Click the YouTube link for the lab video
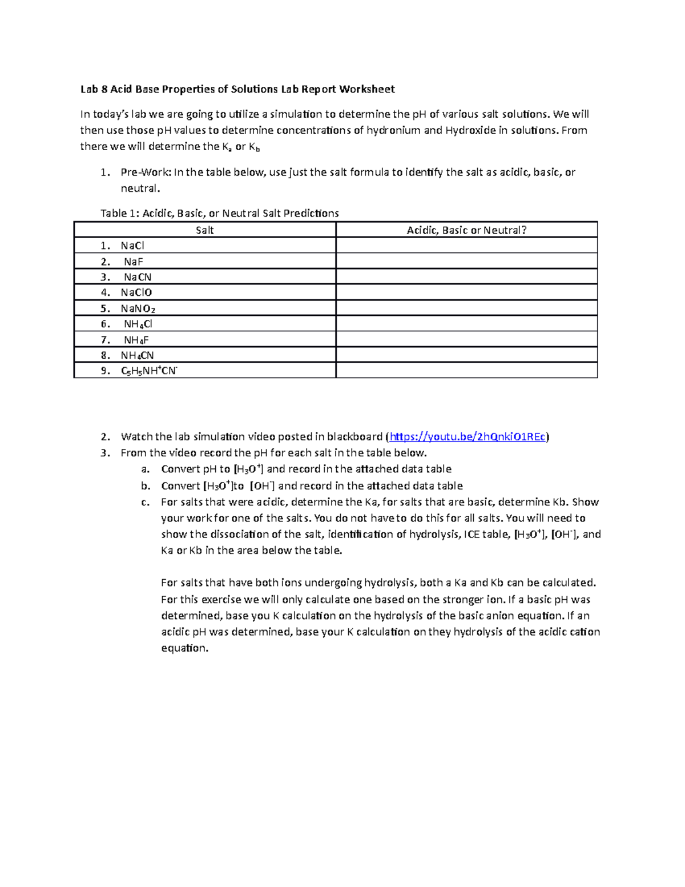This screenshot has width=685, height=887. tap(467, 437)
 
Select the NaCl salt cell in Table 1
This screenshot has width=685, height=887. tap(132, 246)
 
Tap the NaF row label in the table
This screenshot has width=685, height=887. tap(133, 262)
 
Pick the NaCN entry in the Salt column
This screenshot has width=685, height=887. tap(138, 277)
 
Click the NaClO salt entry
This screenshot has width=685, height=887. tap(136, 292)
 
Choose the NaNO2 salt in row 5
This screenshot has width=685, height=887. tap(138, 308)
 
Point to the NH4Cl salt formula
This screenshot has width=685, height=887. tap(138, 324)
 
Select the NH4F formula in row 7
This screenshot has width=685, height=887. tap(136, 340)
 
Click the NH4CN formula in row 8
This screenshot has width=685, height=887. tap(137, 355)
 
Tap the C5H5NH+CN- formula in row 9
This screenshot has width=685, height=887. tap(150, 371)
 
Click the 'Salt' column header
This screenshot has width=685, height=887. tap(204, 230)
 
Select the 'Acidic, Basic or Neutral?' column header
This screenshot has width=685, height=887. tap(466, 230)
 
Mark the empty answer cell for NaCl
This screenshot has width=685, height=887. tap(466, 246)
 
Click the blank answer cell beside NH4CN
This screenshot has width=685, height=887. tap(466, 355)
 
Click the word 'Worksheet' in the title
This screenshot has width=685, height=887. tap(366, 89)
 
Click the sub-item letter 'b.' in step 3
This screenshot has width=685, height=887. tap(146, 486)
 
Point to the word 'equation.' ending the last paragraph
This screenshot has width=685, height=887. tap(185, 648)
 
